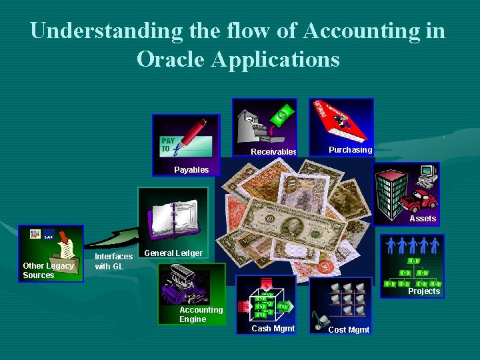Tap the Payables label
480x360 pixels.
point(191,170)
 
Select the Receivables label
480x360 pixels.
point(273,152)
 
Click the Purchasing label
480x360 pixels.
point(351,150)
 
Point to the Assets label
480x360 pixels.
point(423,219)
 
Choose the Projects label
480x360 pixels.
point(424,291)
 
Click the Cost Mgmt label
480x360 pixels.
point(349,330)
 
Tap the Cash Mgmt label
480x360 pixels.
point(273,329)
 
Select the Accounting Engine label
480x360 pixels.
point(201,315)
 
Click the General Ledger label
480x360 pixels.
point(173,253)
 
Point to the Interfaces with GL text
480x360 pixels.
point(113,261)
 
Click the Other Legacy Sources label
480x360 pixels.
point(48,271)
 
